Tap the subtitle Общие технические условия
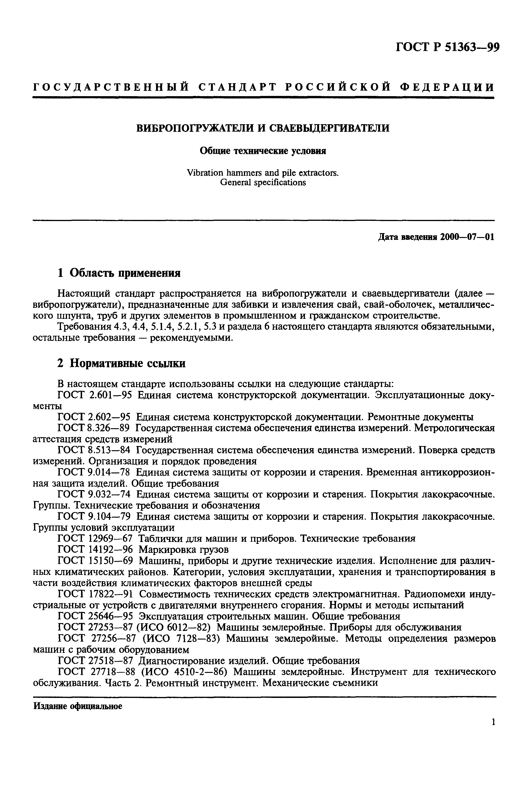263,151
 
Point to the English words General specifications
263,182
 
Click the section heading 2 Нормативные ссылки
121,363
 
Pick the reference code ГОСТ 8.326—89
94,428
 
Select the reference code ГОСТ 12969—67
95,538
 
